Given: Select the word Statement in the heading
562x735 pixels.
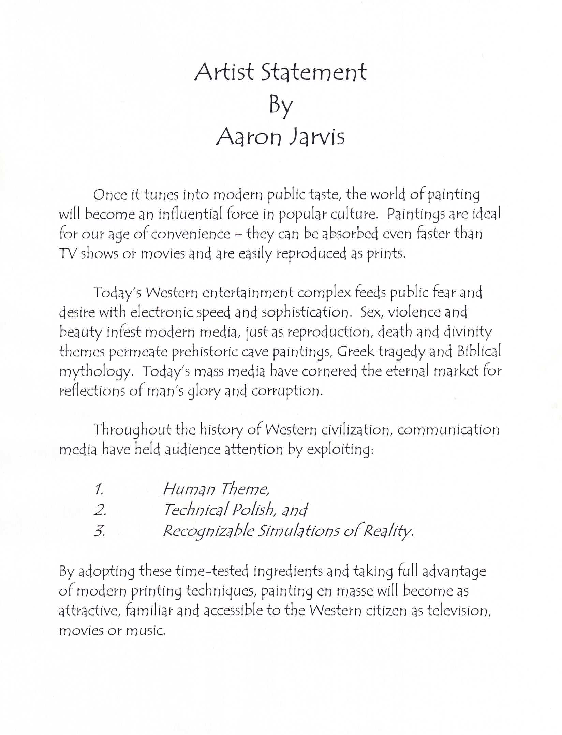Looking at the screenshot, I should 314,72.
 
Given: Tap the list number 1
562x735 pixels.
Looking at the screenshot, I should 99,490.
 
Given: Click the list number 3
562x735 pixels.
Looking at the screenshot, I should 99,531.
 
